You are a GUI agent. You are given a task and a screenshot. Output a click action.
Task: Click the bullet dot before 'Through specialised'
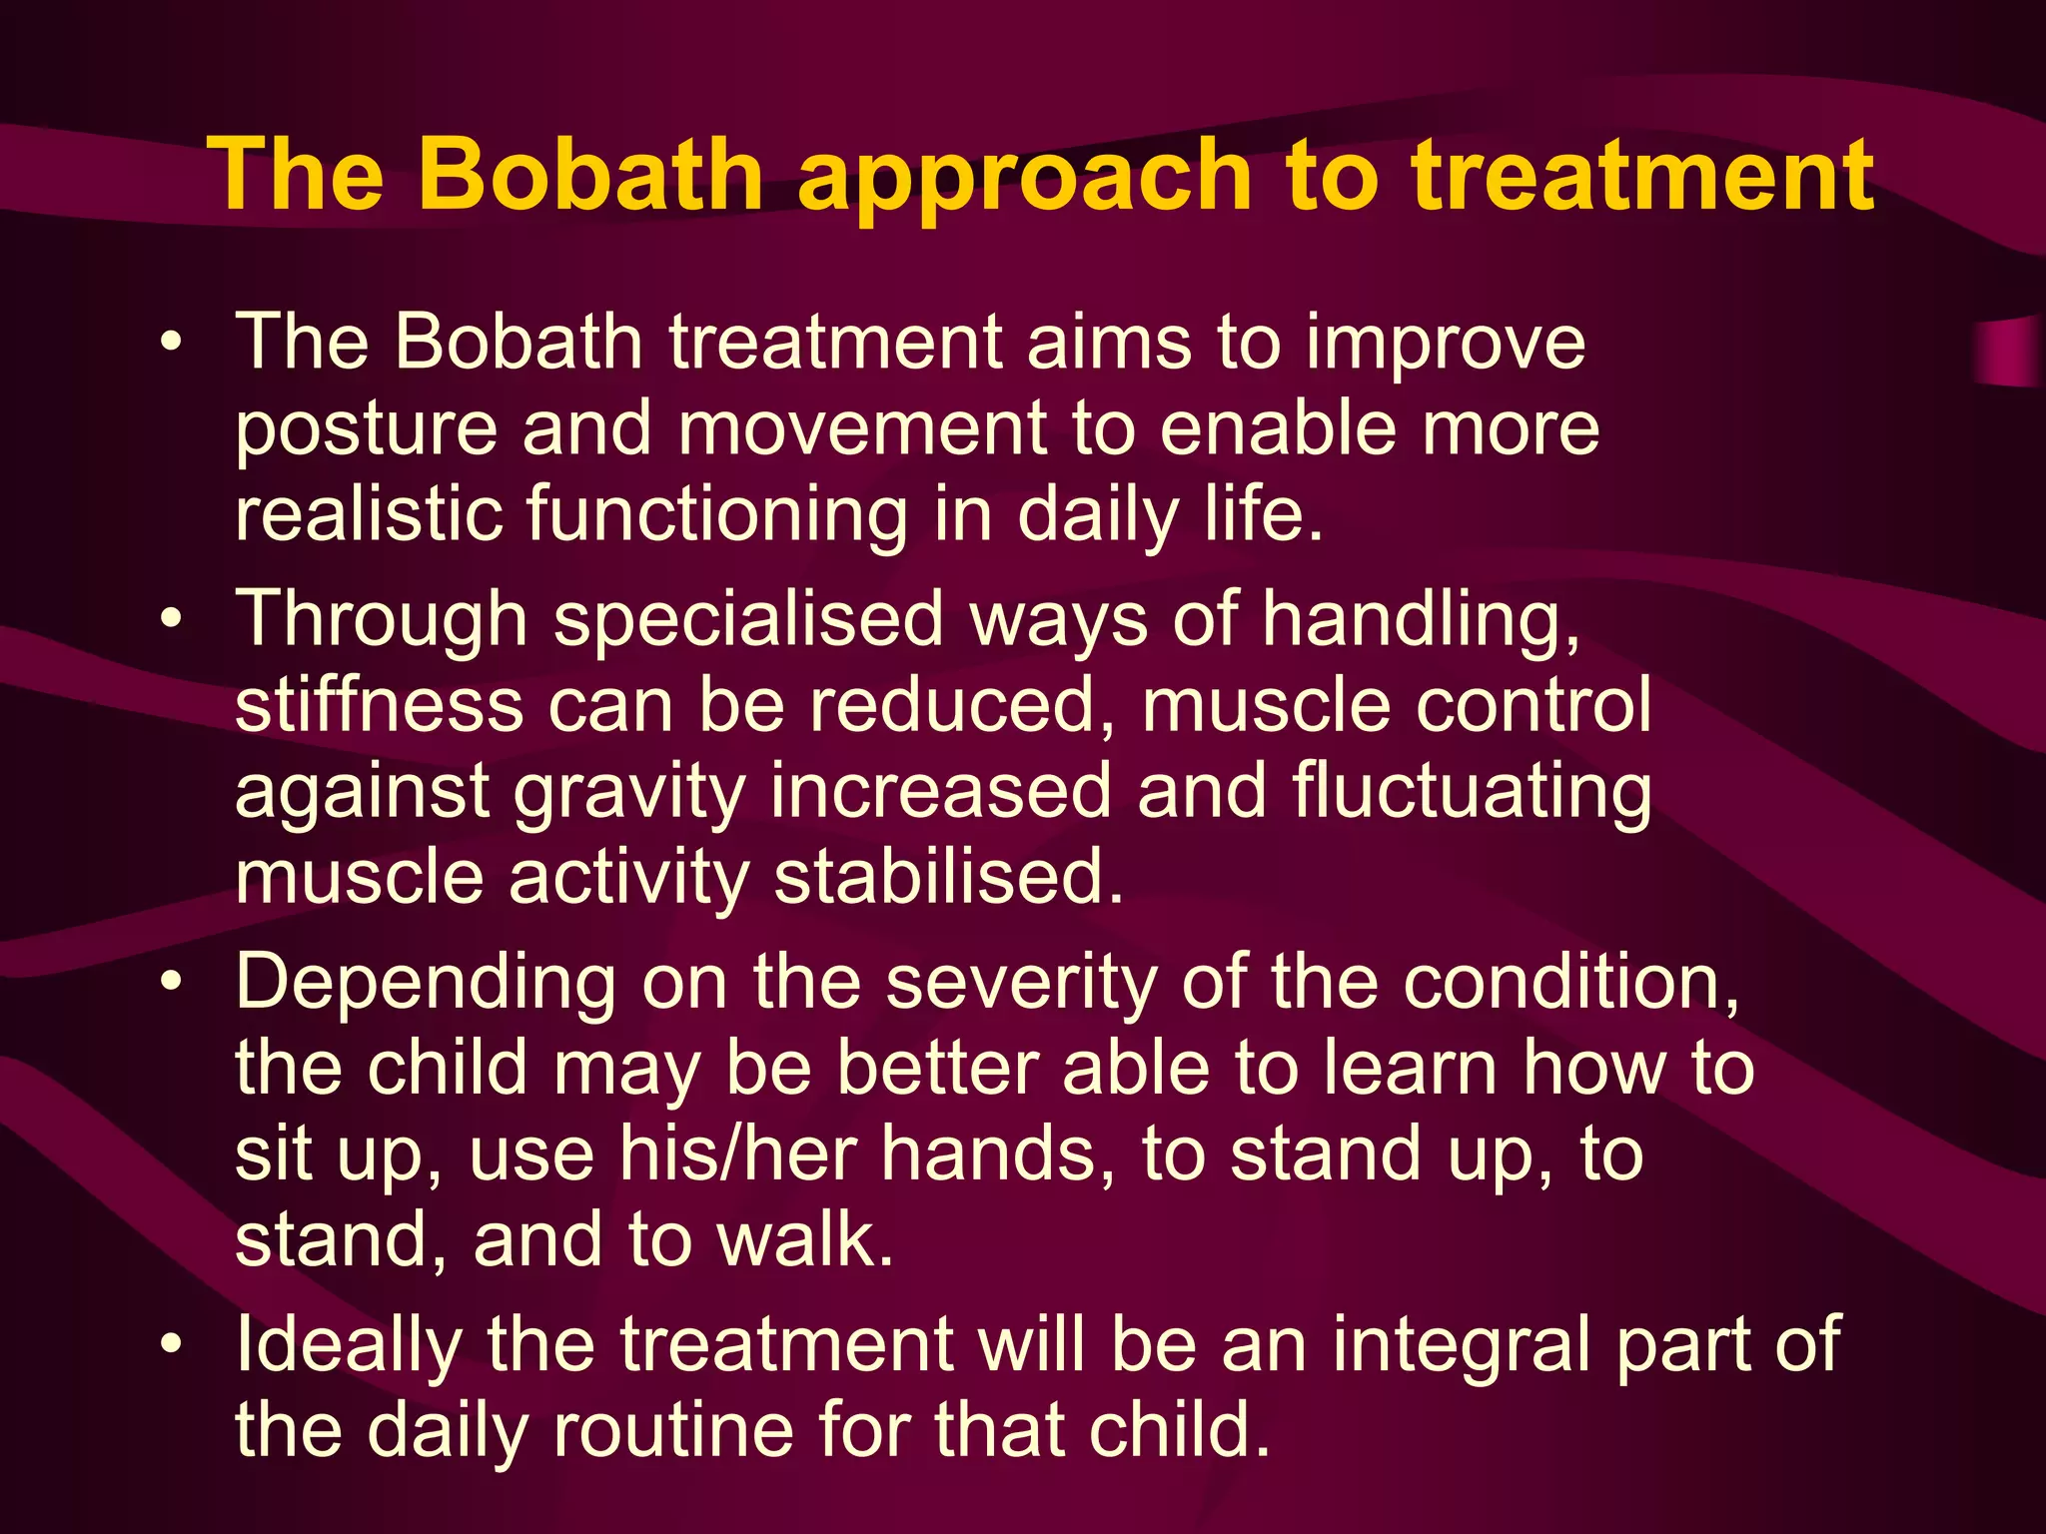tap(172, 619)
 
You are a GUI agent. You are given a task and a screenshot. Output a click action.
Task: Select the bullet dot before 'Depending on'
tap(172, 982)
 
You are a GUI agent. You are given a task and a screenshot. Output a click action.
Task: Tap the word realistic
tap(369, 513)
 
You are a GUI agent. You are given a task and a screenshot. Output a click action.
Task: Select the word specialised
tap(748, 619)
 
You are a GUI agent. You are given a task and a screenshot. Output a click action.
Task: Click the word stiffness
tap(380, 705)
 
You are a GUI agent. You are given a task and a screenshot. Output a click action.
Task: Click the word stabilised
tap(948, 877)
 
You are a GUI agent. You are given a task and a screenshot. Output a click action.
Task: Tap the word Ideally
tap(349, 1346)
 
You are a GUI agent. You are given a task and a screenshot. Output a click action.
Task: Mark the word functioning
tap(717, 515)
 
